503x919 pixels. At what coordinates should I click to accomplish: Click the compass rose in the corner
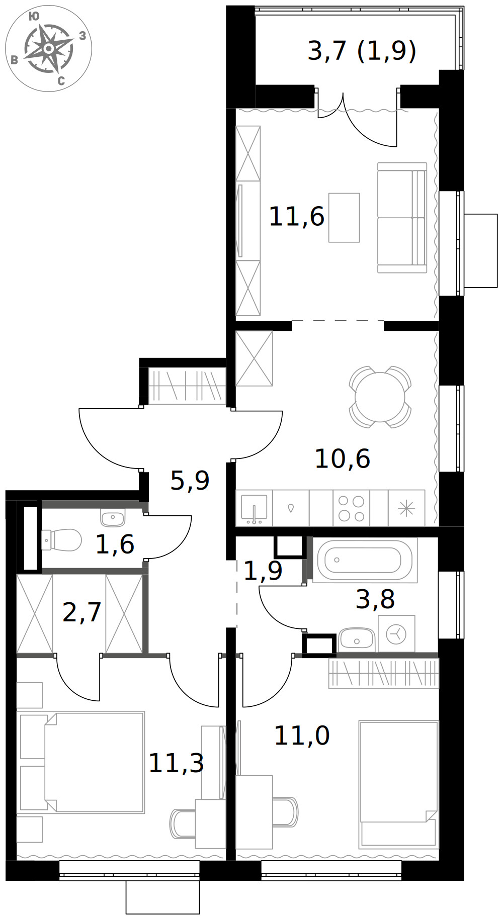pos(48,48)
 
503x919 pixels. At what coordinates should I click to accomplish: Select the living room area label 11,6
pos(297,217)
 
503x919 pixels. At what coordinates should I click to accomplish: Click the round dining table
pos(380,397)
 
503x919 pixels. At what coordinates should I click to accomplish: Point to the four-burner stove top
pos(351,508)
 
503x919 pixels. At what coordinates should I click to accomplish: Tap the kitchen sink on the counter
pos(254,508)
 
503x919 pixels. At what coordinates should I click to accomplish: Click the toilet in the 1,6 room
pos(61,540)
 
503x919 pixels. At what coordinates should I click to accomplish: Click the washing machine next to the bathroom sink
pos(396,634)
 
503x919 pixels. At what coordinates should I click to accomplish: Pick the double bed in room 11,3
pos(81,762)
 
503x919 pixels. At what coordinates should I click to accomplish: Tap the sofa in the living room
pos(402,218)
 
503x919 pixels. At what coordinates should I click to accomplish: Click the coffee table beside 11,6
pos(344,218)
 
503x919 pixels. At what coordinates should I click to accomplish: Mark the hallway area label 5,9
pos(190,481)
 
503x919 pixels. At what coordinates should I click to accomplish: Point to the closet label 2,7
pos(82,612)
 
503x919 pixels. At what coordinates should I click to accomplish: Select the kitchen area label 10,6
pos(343,458)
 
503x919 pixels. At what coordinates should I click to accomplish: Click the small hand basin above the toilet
pos(113,517)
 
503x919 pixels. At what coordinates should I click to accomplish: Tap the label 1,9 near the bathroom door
pos(263,571)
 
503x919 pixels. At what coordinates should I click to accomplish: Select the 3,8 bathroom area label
pos(375,599)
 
